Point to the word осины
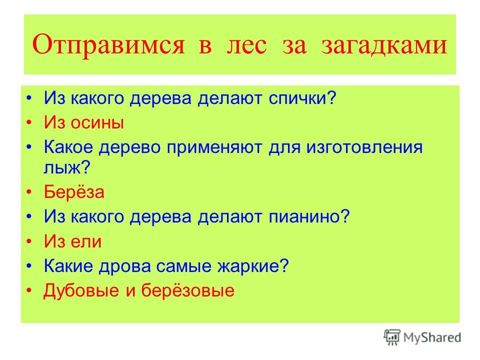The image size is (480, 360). pyautogui.click(x=97, y=123)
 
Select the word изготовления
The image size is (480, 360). pyautogui.click(x=364, y=147)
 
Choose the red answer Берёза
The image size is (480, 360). pyautogui.click(x=74, y=192)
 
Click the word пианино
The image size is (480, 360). pyautogui.click(x=305, y=216)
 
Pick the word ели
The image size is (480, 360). pyautogui.click(x=86, y=241)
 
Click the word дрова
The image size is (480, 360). pyautogui.click(x=124, y=266)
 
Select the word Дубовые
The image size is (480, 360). pyautogui.click(x=81, y=291)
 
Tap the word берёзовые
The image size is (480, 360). pyautogui.click(x=187, y=291)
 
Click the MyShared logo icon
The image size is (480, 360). pyautogui.click(x=392, y=337)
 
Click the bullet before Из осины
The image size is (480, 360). pyautogui.click(x=29, y=123)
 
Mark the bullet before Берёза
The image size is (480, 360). pyautogui.click(x=29, y=192)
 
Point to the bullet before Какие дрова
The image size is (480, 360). pyautogui.click(x=29, y=266)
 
